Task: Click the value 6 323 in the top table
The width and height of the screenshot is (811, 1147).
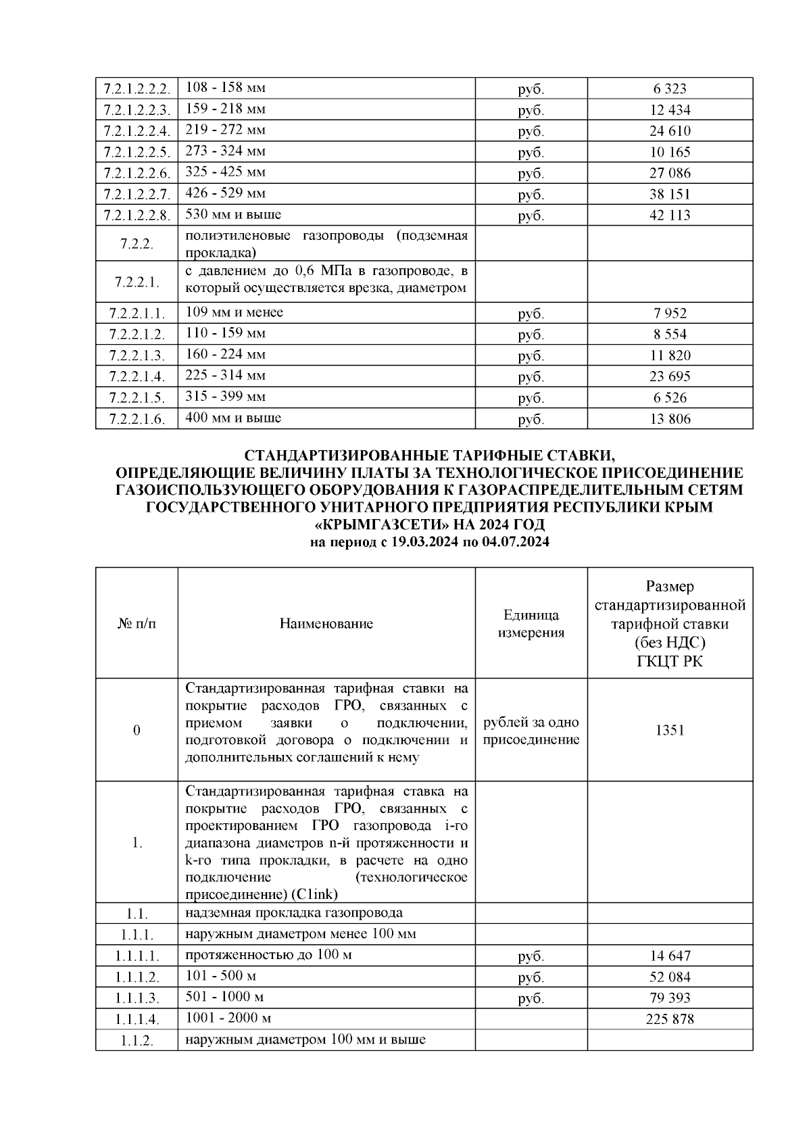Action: (670, 89)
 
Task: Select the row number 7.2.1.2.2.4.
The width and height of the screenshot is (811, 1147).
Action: (137, 131)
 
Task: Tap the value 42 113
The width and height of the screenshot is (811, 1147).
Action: (670, 216)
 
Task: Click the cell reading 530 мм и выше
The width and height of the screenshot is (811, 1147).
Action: (233, 215)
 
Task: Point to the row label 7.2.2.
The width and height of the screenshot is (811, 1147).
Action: (137, 244)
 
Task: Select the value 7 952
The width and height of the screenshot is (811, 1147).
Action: (670, 314)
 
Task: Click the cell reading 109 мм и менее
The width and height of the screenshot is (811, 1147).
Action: (234, 312)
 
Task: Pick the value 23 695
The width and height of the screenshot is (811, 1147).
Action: (670, 376)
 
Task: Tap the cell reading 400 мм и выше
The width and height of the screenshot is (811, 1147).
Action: (233, 418)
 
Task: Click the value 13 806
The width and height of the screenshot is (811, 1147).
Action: (670, 419)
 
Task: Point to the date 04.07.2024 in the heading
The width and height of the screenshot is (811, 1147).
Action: (516, 542)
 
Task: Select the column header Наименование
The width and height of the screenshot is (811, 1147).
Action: (326, 624)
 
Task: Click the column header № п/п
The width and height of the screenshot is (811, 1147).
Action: (137, 624)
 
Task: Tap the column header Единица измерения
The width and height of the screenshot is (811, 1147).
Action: (531, 624)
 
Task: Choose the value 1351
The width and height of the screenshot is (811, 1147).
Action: (670, 731)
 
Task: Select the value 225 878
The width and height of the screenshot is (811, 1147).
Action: (670, 1019)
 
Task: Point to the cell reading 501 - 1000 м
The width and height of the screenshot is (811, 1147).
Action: (224, 997)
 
